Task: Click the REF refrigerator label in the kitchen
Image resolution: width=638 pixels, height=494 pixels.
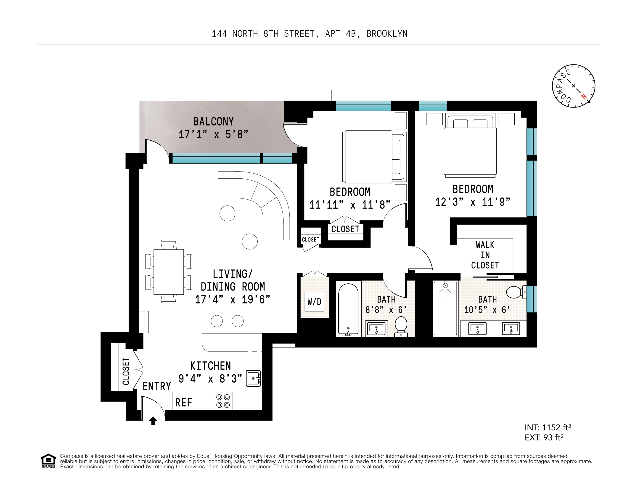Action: click(183, 403)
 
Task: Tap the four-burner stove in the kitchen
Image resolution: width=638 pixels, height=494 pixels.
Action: click(223, 401)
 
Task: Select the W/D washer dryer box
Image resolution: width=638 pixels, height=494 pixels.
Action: click(314, 302)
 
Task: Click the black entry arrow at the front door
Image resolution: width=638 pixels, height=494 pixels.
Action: click(153, 421)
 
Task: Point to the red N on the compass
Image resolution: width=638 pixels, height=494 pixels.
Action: click(583, 96)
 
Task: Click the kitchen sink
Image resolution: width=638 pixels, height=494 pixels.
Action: click(253, 379)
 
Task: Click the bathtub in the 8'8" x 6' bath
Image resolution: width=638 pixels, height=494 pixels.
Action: click(348, 309)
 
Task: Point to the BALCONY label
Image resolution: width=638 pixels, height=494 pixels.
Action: click(214, 121)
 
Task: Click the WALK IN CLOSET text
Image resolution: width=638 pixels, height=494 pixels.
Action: click(485, 255)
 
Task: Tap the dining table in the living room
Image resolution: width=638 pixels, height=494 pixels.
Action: click(169, 271)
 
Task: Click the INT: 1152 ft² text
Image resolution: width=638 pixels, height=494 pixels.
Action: click(548, 428)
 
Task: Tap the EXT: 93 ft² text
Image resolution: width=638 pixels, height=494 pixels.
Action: click(544, 438)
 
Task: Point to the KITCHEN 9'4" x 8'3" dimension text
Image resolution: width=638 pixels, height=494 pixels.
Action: click(210, 379)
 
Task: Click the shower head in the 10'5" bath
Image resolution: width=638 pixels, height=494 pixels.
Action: click(445, 285)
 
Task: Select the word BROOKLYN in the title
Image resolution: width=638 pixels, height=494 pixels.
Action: click(387, 34)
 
